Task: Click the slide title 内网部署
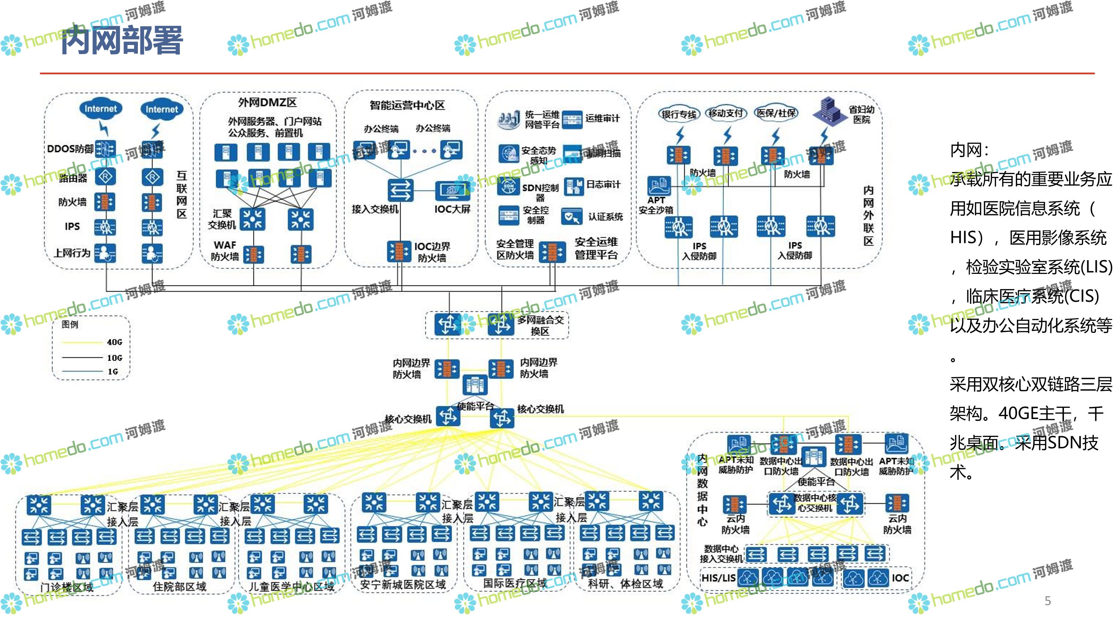tap(122, 40)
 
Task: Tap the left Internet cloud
tap(100, 109)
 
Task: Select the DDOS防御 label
tap(70, 149)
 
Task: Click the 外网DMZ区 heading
tap(267, 103)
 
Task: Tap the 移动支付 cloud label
tap(726, 113)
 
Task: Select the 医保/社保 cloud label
tap(776, 113)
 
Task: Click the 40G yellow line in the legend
tap(82, 342)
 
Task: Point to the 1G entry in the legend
tap(113, 372)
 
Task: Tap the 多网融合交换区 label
tap(540, 326)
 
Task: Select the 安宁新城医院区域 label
tap(402, 585)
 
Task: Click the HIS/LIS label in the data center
tap(718, 578)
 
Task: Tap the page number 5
tap(1047, 601)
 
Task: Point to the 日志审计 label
tap(603, 185)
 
